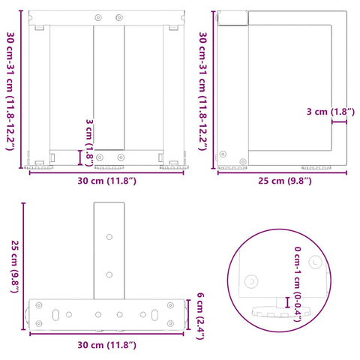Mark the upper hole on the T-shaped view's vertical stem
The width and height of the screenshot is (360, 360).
pos(109,236)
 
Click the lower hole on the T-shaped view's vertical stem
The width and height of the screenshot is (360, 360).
pos(109,273)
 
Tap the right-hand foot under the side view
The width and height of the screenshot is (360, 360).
pos(315,166)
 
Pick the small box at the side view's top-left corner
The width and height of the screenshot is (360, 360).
pos(230,18)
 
